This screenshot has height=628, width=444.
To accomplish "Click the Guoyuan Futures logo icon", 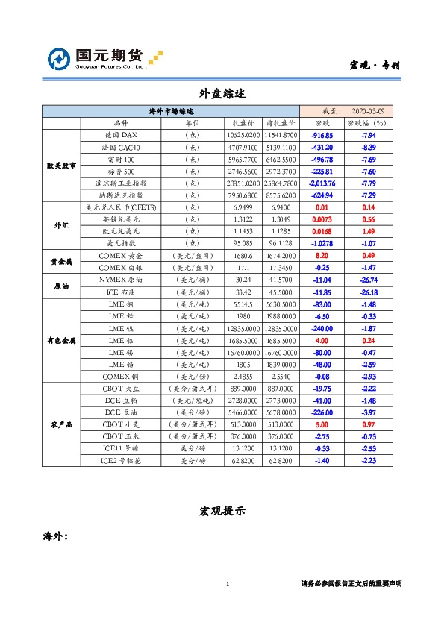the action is (60, 59).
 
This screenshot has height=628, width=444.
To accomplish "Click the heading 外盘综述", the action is (222, 93).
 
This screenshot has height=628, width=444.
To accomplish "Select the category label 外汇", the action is (61, 224).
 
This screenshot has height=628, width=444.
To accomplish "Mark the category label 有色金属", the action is (61, 340).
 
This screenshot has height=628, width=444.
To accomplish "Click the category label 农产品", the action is (61, 424).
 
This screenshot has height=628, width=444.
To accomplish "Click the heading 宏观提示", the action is (222, 512).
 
